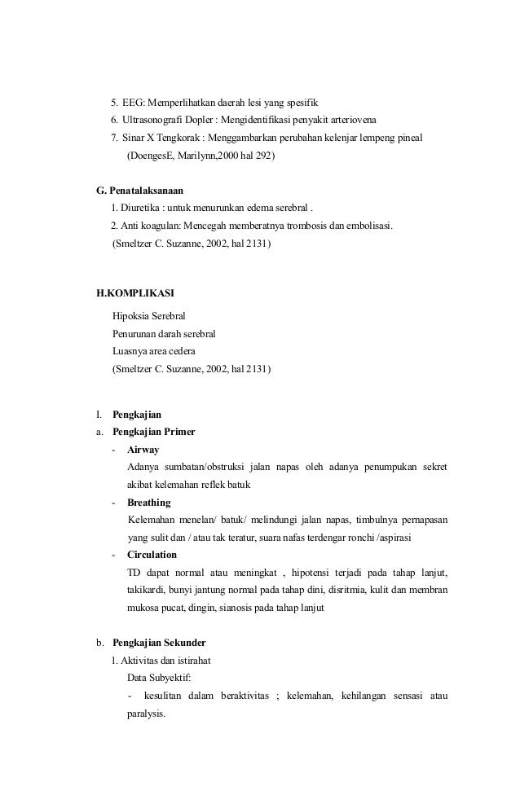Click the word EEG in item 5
coord(133,103)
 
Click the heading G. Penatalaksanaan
coord(139,191)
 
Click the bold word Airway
coord(143,449)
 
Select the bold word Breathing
coord(149,502)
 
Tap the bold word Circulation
coord(152,555)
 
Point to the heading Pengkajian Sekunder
coord(159,642)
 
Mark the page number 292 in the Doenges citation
coord(264,155)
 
